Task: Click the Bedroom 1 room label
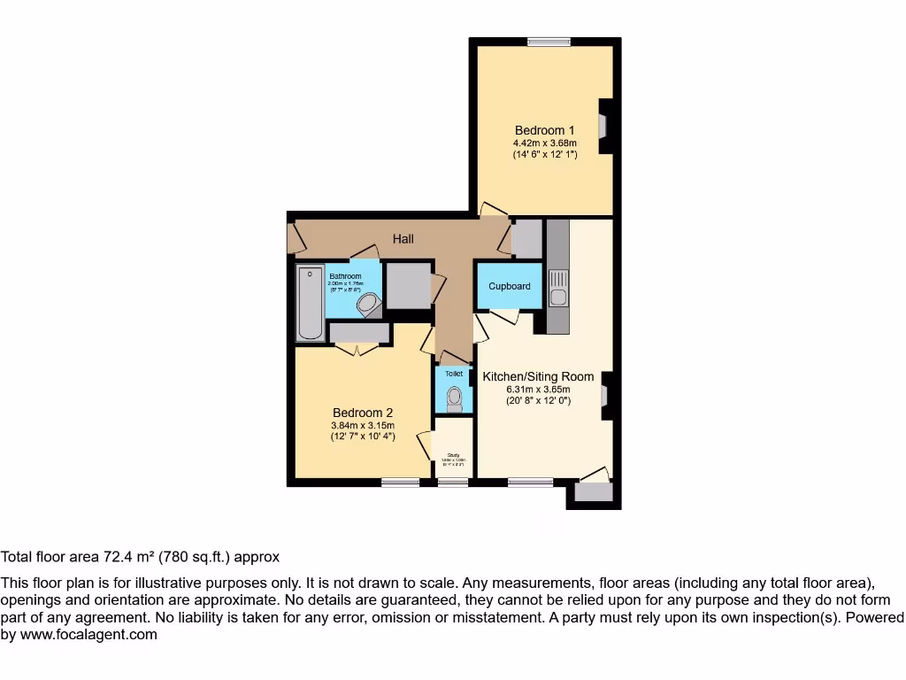[x=545, y=131]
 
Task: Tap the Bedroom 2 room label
[x=363, y=413]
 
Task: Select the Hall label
[x=403, y=239]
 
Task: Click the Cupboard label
[x=510, y=286]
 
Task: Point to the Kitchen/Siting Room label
[x=538, y=376]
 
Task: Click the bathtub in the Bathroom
[x=310, y=303]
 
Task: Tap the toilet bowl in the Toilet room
[x=455, y=399]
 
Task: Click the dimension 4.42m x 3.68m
[x=545, y=143]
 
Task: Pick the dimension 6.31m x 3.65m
[x=538, y=389]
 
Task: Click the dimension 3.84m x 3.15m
[x=363, y=425]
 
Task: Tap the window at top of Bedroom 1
[x=549, y=41]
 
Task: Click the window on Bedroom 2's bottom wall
[x=401, y=483]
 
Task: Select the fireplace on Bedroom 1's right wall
[x=604, y=127]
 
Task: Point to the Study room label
[x=453, y=456]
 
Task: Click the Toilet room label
[x=454, y=375]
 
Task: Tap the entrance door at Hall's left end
[x=295, y=236]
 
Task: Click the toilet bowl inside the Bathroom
[x=366, y=305]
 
